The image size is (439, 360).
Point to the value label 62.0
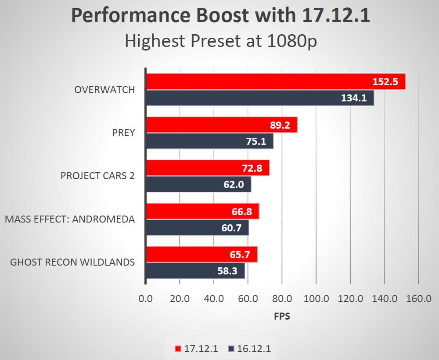point(234,184)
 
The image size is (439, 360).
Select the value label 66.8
point(241,212)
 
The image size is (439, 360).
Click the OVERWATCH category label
point(104,90)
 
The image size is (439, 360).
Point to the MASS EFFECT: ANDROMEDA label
point(70,219)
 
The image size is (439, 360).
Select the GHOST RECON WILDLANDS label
point(72,263)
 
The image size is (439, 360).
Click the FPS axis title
point(282,316)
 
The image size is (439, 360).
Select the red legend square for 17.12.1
point(178,349)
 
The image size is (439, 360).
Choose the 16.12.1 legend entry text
point(254,349)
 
